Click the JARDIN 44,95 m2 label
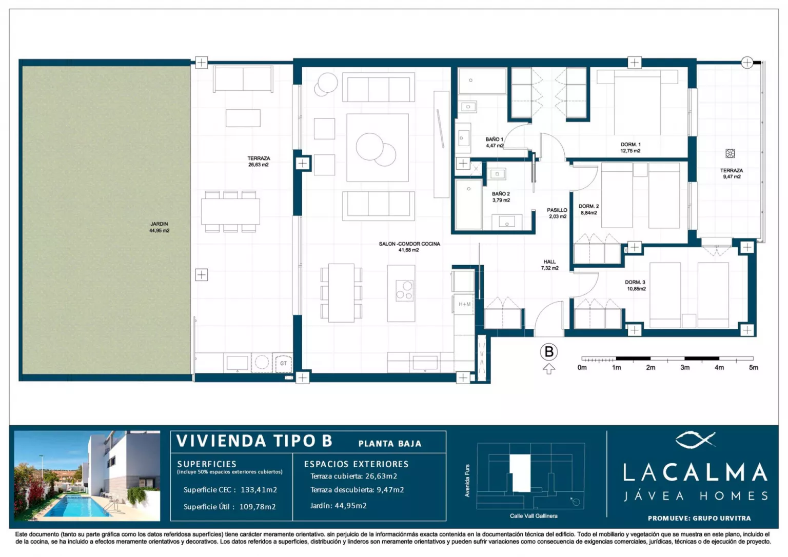click(160, 227)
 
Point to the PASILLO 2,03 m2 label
click(558, 213)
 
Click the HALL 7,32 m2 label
click(549, 265)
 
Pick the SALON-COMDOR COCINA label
click(409, 244)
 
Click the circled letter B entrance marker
click(549, 352)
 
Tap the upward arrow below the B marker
click(549, 369)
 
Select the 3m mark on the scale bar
click(684, 367)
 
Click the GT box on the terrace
click(283, 363)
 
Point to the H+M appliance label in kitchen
click(464, 304)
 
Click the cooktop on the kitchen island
click(404, 290)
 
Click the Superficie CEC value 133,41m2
click(259, 489)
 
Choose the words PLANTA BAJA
click(390, 444)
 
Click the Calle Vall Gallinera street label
click(534, 516)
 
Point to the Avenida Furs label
click(467, 481)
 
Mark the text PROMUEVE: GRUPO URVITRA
click(699, 518)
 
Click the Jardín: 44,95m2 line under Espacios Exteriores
click(339, 506)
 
